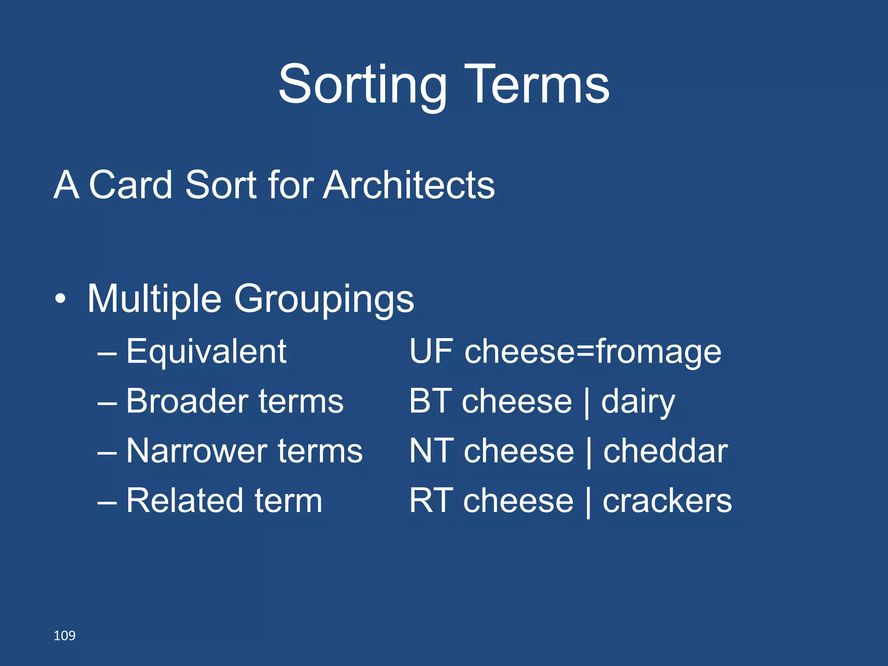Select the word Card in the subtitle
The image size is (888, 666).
(x=131, y=185)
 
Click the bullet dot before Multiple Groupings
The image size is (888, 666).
(x=61, y=299)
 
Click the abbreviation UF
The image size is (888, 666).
(x=431, y=351)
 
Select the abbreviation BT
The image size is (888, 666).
(x=430, y=402)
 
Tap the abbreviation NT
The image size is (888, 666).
(x=431, y=451)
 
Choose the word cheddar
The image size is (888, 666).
(x=665, y=451)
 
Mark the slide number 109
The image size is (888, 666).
(x=64, y=636)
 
